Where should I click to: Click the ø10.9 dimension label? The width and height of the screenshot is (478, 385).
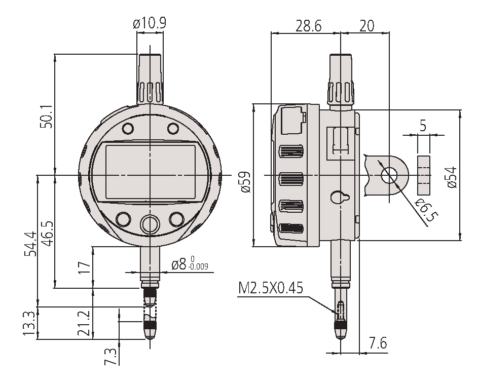150,23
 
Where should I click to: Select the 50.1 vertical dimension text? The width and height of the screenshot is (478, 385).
47,117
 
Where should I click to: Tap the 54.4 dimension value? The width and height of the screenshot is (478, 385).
31,244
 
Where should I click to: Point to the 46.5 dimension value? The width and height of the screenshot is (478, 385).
47,234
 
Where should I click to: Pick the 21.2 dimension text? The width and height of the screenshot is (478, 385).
84,323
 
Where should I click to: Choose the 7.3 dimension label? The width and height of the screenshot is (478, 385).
110,357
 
